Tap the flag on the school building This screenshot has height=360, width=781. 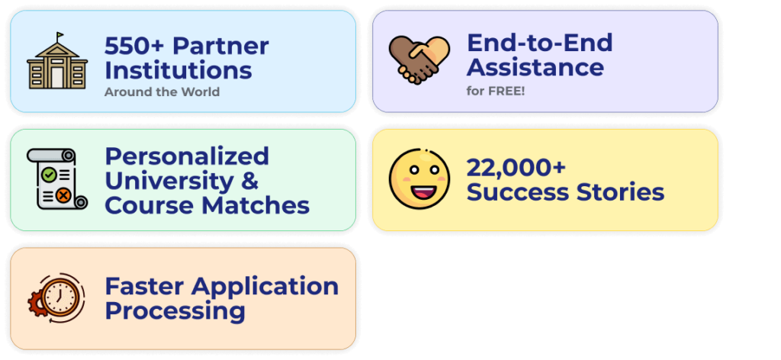pyautogui.click(x=60, y=36)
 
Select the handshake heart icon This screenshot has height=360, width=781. pyautogui.click(x=419, y=59)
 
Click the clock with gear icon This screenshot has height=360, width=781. pyautogui.click(x=56, y=297)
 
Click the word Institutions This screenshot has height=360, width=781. pyautogui.click(x=178, y=70)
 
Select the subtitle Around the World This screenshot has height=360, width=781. pyautogui.click(x=162, y=92)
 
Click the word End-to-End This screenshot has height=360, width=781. pyautogui.click(x=539, y=42)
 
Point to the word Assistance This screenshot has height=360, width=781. pyautogui.click(x=535, y=67)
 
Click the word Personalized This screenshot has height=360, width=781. pyautogui.click(x=187, y=156)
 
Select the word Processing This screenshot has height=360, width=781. pyautogui.click(x=175, y=310)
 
